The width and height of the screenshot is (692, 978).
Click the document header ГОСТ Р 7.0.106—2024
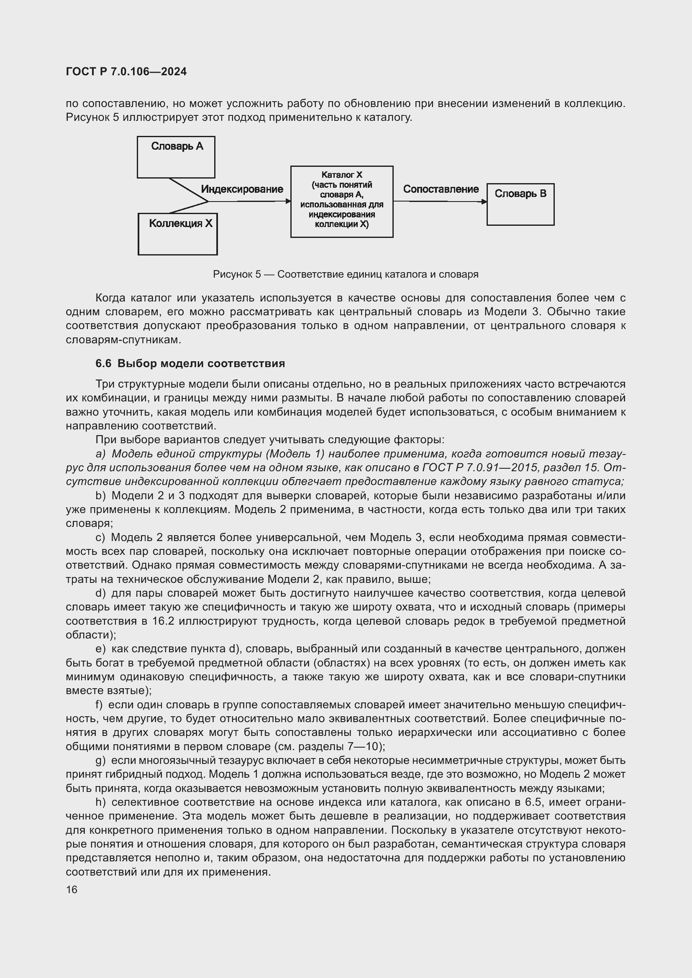click(x=126, y=71)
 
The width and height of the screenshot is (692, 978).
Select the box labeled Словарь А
click(x=176, y=157)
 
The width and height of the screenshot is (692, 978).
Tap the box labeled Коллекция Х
click(x=178, y=234)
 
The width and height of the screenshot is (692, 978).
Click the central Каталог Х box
click(x=342, y=202)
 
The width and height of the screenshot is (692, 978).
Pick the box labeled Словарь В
click(x=520, y=204)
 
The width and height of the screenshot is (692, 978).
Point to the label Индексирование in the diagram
click(x=242, y=189)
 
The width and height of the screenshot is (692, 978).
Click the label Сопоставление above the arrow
click(x=441, y=189)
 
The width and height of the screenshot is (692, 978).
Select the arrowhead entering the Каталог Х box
click(x=289, y=201)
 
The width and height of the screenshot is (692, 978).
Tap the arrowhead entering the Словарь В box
click(x=484, y=202)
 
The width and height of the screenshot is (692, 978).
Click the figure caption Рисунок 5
click(x=346, y=274)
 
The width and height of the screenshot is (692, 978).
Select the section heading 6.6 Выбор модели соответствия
click(x=190, y=363)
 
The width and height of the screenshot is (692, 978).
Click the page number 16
click(x=72, y=889)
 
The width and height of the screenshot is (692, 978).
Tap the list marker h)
click(x=100, y=802)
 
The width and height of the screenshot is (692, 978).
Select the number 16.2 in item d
click(x=163, y=621)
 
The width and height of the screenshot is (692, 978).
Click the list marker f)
click(x=99, y=705)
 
